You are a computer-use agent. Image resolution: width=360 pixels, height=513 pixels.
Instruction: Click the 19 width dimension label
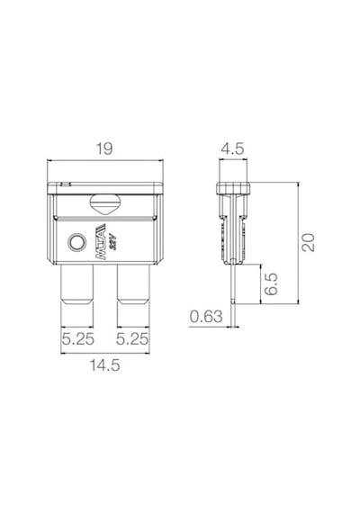point(104,148)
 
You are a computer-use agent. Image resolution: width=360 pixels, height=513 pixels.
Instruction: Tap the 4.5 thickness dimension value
point(232,148)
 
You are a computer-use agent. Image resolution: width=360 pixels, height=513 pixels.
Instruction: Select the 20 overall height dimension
point(309,242)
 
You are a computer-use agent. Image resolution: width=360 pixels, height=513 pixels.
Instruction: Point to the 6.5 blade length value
point(271,284)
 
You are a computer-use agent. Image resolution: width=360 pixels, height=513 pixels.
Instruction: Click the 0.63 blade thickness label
point(206,317)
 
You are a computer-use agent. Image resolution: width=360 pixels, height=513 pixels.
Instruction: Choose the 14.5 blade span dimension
point(105,365)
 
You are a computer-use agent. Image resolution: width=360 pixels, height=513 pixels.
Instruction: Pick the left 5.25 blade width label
point(78,339)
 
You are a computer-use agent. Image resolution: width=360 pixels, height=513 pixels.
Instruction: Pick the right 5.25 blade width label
point(132,339)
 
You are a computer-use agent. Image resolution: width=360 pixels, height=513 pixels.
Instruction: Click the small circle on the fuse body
point(76,243)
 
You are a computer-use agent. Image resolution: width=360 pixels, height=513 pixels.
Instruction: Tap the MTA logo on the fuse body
point(101,242)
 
